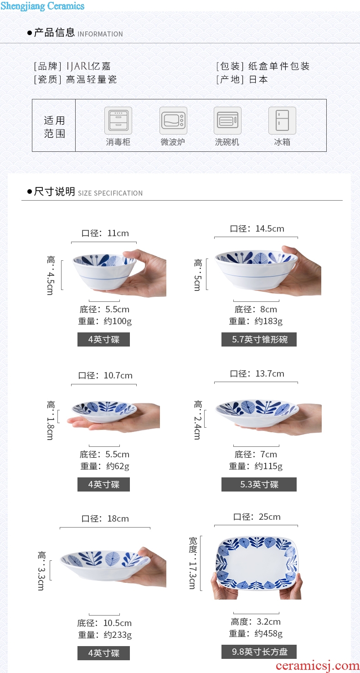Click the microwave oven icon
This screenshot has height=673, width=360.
[173, 120]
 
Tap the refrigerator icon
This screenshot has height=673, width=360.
[282, 120]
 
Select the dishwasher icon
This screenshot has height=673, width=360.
[227, 120]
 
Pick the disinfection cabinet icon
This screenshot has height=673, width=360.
[118, 120]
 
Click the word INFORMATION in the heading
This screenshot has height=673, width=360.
[100, 34]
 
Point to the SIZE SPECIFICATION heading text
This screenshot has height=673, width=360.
[110, 193]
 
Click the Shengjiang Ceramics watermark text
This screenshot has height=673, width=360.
[42, 6]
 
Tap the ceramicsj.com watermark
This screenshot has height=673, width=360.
[317, 665]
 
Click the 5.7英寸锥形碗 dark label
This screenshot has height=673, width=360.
[259, 340]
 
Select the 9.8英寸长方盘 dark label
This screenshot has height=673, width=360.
[259, 652]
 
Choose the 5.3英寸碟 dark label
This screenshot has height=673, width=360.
[259, 484]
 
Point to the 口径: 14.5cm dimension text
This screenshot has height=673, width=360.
[257, 228]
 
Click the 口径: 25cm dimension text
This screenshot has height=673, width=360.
[257, 517]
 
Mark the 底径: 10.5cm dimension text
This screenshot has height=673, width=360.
[104, 623]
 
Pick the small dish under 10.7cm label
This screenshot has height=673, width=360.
[104, 412]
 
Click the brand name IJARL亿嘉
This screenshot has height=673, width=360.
[88, 66]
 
